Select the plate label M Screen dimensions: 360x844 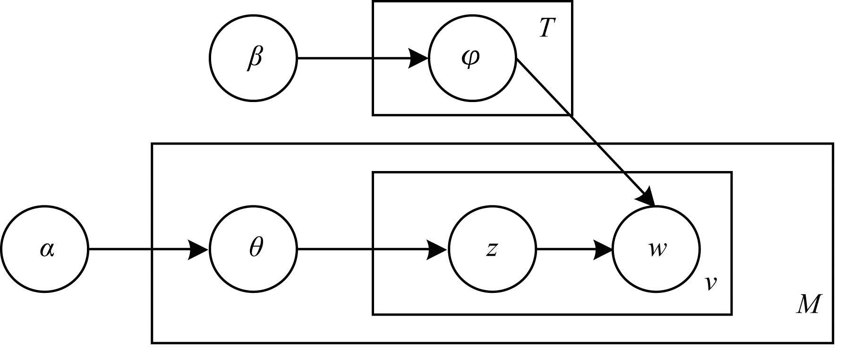click(x=809, y=305)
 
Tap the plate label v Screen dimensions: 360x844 click(x=710, y=283)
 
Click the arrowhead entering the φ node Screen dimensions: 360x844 click(x=418, y=59)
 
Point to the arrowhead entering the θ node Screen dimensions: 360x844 click(x=198, y=249)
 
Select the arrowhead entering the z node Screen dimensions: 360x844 click(x=437, y=249)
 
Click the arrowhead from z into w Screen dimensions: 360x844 click(x=602, y=249)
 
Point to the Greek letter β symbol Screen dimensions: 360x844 click(x=254, y=59)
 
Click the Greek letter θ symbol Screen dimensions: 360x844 click(x=256, y=248)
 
